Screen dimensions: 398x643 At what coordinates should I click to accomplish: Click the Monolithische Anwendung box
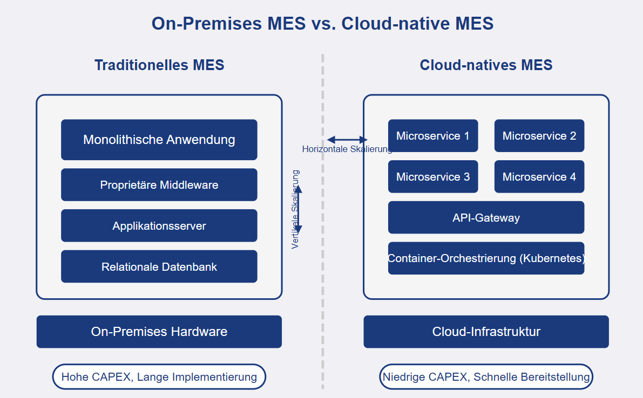pos(159,140)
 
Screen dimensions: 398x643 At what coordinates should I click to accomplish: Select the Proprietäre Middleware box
pos(159,185)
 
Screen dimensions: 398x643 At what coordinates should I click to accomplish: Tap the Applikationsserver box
pos(159,226)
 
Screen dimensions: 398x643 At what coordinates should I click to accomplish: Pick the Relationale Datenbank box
pos(159,266)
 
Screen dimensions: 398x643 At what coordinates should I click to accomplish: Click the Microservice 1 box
pos(432,136)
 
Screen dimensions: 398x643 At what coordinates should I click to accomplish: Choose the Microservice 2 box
pos(539,136)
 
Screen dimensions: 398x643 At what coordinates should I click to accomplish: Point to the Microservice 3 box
pos(432,177)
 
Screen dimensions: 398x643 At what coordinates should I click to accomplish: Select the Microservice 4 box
pos(539,177)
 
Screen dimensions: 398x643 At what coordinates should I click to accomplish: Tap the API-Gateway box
pos(486,218)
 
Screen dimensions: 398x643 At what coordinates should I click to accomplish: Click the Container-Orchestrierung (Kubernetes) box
pos(486,258)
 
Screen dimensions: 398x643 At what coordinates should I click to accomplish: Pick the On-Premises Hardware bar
pos(159,332)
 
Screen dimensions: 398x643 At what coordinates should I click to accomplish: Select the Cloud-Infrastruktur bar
pos(486,332)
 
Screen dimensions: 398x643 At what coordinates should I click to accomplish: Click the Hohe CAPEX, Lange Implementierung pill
pos(159,377)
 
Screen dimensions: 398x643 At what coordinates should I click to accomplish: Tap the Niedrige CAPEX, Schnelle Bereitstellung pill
pos(486,377)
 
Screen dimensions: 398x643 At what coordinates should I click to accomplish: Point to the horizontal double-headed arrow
pos(347,140)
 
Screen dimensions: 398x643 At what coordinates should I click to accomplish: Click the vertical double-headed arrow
pos(297,209)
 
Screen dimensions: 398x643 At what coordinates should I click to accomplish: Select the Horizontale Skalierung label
pos(347,149)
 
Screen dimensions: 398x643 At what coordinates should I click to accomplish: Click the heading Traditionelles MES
pos(159,65)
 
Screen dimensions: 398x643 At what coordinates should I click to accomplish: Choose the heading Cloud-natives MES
pos(486,65)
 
